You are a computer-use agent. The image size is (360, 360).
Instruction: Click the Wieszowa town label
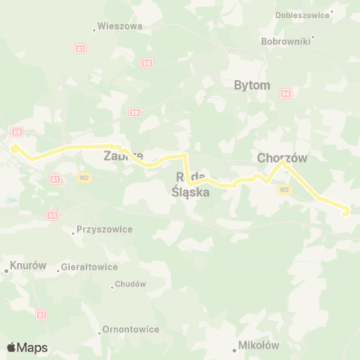click(x=120, y=25)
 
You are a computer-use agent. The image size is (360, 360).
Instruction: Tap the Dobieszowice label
click(x=304, y=13)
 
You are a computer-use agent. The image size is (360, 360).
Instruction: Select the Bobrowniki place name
click(x=286, y=41)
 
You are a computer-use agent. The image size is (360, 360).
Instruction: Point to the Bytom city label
click(x=252, y=85)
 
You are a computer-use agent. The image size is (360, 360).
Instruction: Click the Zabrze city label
click(x=123, y=157)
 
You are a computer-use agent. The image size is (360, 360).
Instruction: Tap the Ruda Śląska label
click(x=190, y=184)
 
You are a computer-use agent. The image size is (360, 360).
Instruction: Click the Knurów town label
click(x=28, y=265)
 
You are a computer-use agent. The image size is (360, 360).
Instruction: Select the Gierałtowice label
click(x=89, y=266)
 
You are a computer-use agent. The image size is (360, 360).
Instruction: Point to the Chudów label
click(x=130, y=285)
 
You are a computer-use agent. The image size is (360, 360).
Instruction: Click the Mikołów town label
click(x=258, y=345)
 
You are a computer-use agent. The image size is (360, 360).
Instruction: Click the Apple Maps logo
click(x=27, y=347)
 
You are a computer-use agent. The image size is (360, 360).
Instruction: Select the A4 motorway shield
click(x=52, y=214)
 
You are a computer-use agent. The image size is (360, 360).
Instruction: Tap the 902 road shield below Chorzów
click(x=283, y=190)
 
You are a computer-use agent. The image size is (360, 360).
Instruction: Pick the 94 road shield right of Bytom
click(x=285, y=94)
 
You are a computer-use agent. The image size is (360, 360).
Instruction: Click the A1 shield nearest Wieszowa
click(x=80, y=49)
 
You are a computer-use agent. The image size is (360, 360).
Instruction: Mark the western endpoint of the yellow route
click(x=14, y=148)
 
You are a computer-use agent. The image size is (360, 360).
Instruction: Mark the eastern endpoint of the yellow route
click(x=346, y=212)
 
